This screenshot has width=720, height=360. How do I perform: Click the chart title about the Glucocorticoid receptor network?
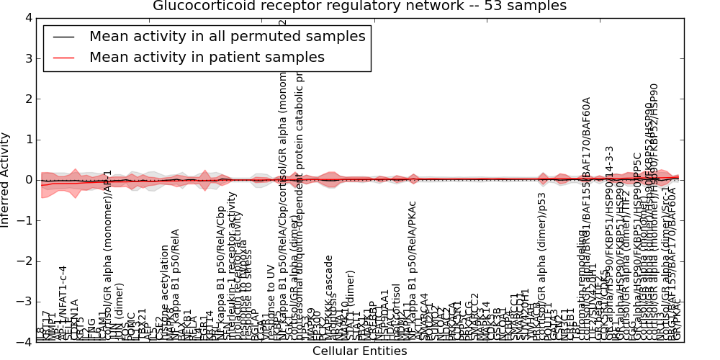pyautogui.click(x=359, y=6)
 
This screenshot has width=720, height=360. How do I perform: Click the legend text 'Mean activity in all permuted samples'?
pyautogui.click(x=227, y=36)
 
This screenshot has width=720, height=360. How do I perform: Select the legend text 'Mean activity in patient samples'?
pyautogui.click(x=207, y=57)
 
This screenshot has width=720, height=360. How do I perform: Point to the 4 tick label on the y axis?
pyautogui.click(x=28, y=17)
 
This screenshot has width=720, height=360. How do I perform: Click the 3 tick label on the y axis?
pyautogui.click(x=28, y=58)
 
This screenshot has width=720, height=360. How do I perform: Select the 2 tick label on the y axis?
pyautogui.click(x=28, y=99)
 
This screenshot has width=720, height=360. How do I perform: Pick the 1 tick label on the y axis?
pyautogui.click(x=28, y=139)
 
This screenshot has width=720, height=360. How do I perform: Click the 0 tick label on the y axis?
pyautogui.click(x=28, y=180)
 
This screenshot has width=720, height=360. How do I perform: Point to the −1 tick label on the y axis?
pyautogui.click(x=24, y=220)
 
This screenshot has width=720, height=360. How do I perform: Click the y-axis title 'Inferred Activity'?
pyautogui.click(x=6, y=180)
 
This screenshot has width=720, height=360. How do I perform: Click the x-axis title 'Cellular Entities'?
pyautogui.click(x=359, y=351)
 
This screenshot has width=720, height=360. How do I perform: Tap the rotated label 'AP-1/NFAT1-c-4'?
pyautogui.click(x=63, y=302)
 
